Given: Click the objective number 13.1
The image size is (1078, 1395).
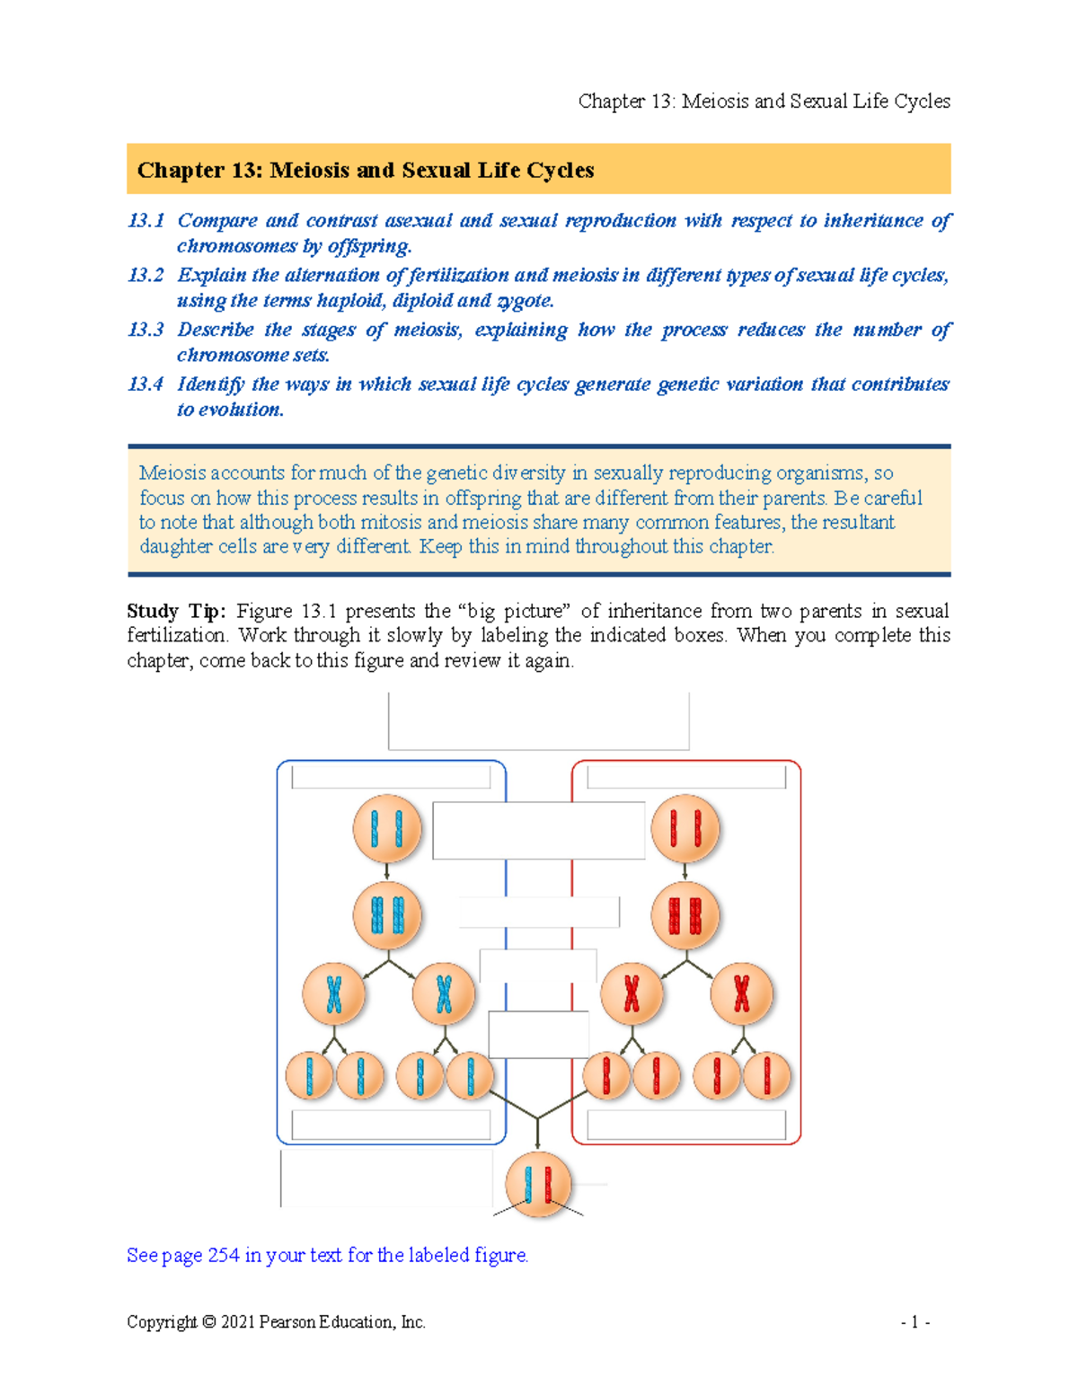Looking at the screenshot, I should tap(146, 221).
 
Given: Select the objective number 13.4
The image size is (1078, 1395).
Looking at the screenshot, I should tap(146, 384).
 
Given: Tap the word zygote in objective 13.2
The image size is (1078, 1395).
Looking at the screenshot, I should tap(524, 301).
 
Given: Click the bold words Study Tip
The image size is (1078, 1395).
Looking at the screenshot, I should tap(176, 612).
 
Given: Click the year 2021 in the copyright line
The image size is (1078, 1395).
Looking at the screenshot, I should tap(238, 1322).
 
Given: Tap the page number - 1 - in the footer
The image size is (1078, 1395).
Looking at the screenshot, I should tap(915, 1322).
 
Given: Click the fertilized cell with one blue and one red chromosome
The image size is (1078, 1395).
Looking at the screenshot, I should tap(538, 1185).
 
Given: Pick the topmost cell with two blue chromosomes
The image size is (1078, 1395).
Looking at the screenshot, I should tap(387, 828).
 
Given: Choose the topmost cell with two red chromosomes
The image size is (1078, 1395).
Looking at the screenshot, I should tap(685, 828).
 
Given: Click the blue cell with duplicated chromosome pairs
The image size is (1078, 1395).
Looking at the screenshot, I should tap(387, 916).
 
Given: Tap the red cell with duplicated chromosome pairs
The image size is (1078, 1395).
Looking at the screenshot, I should tap(685, 916).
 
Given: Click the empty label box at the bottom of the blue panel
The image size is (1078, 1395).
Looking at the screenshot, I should tap(391, 1125).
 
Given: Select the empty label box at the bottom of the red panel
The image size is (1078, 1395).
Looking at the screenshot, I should tap(686, 1125).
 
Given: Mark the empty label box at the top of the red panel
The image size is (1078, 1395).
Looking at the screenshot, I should tap(686, 777).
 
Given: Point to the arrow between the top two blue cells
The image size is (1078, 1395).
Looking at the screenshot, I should tap(387, 871).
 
